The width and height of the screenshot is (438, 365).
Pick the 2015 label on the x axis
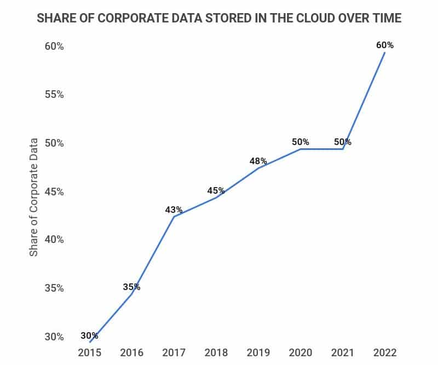(x=89, y=352)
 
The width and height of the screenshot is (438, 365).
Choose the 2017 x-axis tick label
(x=174, y=352)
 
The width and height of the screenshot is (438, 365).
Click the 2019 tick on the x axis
(x=258, y=352)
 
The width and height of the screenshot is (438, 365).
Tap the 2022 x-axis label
(x=385, y=352)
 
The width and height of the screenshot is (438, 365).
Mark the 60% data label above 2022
(x=385, y=45)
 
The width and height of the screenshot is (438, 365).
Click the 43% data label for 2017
(x=174, y=210)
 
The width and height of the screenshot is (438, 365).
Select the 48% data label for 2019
(x=258, y=161)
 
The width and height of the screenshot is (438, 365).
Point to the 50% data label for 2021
(x=343, y=142)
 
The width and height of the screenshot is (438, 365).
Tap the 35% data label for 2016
(x=131, y=287)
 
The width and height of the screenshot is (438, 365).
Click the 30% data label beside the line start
(x=89, y=335)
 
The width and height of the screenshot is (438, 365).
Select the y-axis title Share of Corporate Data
(x=34, y=198)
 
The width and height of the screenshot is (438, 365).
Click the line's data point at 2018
(x=216, y=197)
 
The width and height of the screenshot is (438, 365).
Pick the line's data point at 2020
(x=301, y=149)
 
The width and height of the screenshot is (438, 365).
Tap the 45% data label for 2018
(x=216, y=190)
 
